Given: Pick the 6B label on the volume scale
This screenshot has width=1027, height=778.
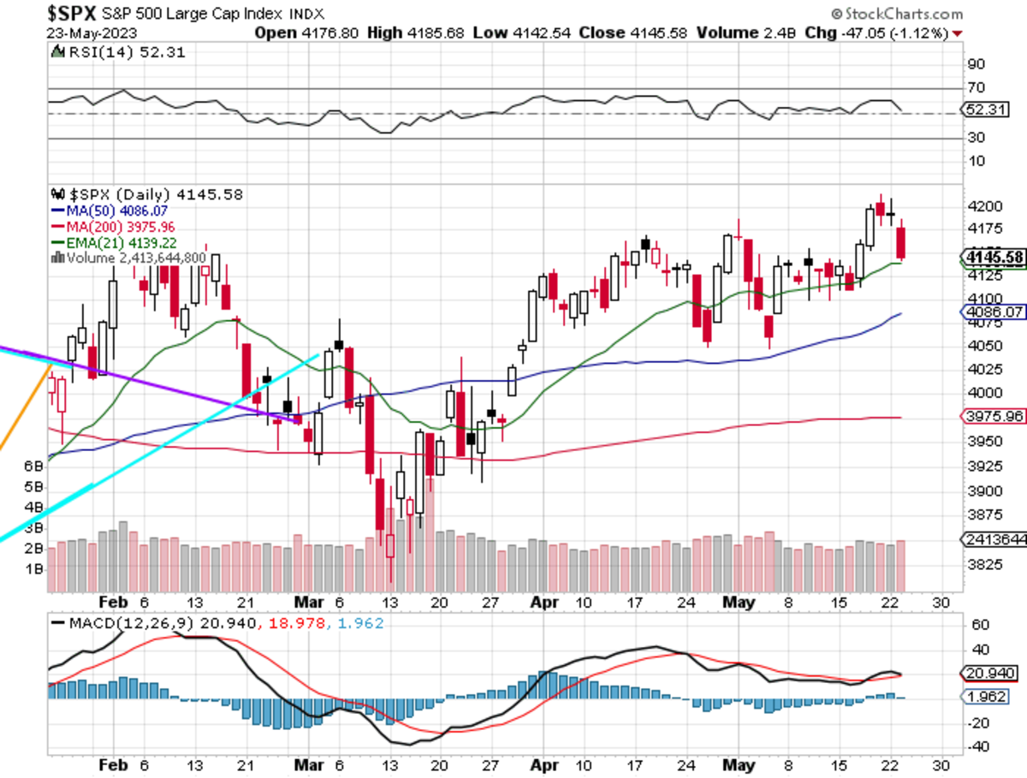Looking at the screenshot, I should (x=34, y=466).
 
